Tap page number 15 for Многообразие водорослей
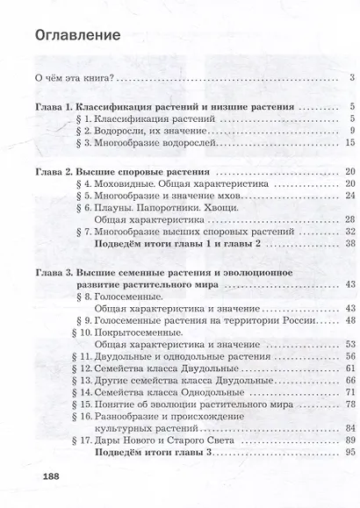(x=349, y=142)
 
